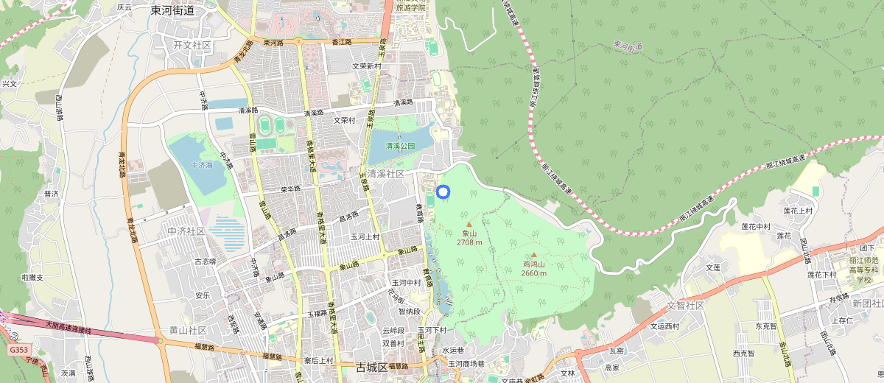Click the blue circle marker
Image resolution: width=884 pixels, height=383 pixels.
(443, 191)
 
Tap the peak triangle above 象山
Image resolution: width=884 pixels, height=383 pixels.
(469, 224)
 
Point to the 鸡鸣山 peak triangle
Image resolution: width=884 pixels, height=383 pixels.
(534, 255)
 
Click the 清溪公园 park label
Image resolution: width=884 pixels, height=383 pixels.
(401, 146)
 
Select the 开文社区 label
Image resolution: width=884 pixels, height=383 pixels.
(192, 46)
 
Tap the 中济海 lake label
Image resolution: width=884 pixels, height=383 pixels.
(201, 166)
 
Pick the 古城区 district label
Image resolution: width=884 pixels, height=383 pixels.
(371, 367)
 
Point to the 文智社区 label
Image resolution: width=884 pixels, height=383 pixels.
(685, 305)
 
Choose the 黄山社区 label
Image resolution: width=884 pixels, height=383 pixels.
(188, 330)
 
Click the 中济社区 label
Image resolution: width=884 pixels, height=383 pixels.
(186, 231)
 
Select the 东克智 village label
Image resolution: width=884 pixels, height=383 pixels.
(745, 325)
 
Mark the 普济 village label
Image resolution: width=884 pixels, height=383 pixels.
(51, 194)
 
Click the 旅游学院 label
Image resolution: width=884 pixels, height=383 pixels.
(411, 7)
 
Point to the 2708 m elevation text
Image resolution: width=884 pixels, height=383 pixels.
(469, 242)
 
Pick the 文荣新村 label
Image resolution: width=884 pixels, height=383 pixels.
(366, 66)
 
